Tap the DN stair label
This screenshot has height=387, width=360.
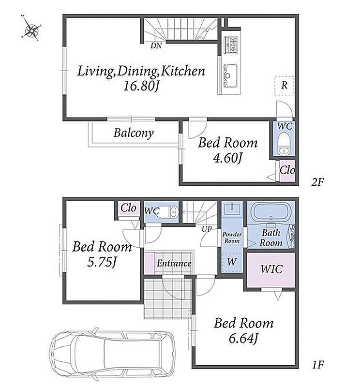pyautogui.click(x=156, y=45)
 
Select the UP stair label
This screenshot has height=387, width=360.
pyautogui.click(x=207, y=229)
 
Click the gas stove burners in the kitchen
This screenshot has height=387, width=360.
pyautogui.click(x=231, y=45)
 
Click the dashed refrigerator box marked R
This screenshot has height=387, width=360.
pyautogui.click(x=284, y=86)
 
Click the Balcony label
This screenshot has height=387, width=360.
pyautogui.click(x=134, y=134)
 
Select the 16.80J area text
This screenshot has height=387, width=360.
pyautogui.click(x=141, y=86)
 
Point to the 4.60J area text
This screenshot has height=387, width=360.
pyautogui.click(x=227, y=158)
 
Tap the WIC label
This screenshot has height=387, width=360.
pyautogui.click(x=271, y=269)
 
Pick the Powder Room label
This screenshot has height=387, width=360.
pyautogui.click(x=232, y=238)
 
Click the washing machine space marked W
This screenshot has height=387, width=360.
pyautogui.click(x=232, y=262)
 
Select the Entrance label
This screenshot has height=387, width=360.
pyautogui.click(x=174, y=263)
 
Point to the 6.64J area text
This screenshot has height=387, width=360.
pyautogui.click(x=243, y=338)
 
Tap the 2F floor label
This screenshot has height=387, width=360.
pyautogui.click(x=317, y=182)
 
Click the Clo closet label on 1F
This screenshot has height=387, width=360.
pyautogui.click(x=128, y=208)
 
